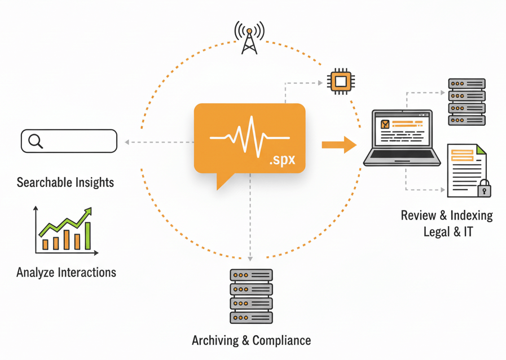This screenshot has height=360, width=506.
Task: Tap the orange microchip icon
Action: click(340, 82)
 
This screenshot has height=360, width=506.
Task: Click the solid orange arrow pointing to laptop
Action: click(339, 145)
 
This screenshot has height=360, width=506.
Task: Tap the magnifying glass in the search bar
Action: click(36, 141)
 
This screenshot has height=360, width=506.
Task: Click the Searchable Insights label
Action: click(65, 182)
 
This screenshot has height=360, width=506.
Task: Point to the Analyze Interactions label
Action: click(67, 272)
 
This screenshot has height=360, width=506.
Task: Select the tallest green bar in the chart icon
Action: click(87, 235)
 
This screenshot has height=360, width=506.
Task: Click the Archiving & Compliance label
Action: click(251, 340)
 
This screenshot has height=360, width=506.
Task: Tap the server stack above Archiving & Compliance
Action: click(251, 296)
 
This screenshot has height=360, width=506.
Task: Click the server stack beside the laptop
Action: click(467, 102)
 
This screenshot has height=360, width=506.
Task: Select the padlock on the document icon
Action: click(484, 189)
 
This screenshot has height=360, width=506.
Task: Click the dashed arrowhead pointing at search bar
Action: click(127, 142)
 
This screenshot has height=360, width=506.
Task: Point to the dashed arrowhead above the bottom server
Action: click(250, 258)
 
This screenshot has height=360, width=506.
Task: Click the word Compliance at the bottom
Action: click(281, 340)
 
